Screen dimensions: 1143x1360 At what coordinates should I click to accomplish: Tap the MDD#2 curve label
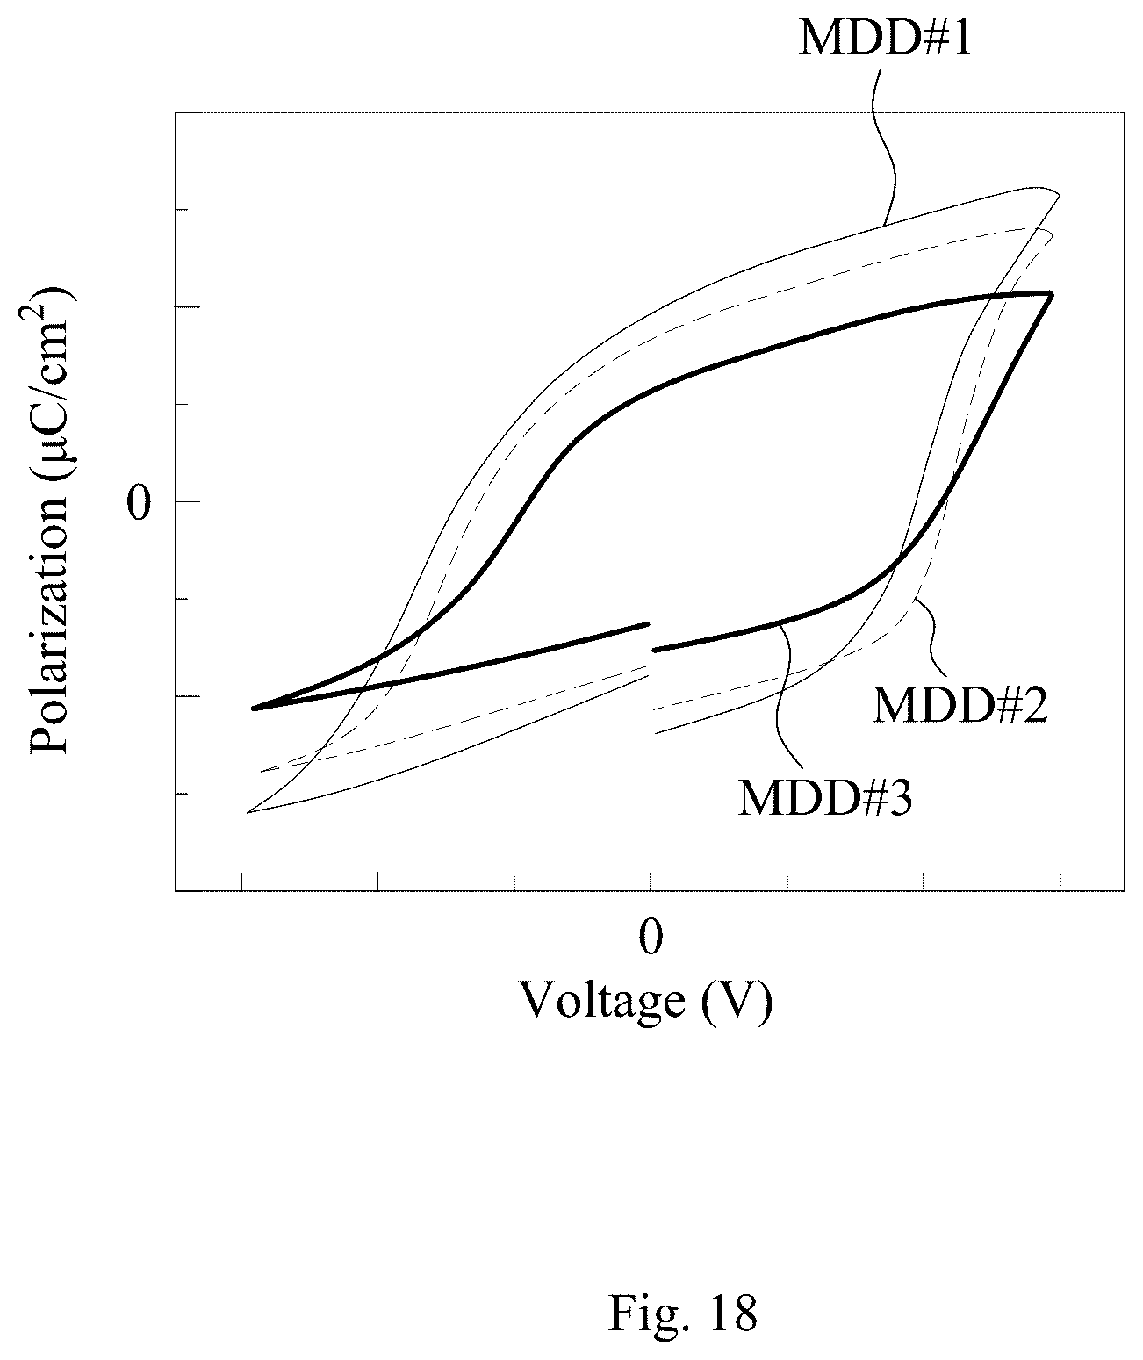click(x=960, y=705)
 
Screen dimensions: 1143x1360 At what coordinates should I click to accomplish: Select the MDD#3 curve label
click(x=825, y=798)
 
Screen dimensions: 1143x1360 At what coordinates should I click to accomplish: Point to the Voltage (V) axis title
click(x=645, y=1002)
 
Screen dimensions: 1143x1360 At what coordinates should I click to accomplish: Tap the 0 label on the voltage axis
click(x=651, y=937)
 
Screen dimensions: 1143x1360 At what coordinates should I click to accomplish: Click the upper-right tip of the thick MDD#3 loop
click(x=1052, y=294)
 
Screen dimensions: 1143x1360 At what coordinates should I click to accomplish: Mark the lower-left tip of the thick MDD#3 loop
click(x=254, y=708)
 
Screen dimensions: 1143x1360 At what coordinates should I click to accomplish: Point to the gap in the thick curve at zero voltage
click(x=651, y=637)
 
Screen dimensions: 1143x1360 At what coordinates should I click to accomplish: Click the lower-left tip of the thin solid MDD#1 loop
click(x=248, y=813)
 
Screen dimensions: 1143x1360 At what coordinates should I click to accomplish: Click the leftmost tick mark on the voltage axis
click(x=241, y=881)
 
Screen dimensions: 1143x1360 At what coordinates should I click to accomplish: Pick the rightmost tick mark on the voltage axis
click(x=1060, y=881)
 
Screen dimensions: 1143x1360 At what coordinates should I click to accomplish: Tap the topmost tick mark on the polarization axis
click(x=182, y=210)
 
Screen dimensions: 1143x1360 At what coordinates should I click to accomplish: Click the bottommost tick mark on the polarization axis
click(x=182, y=794)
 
